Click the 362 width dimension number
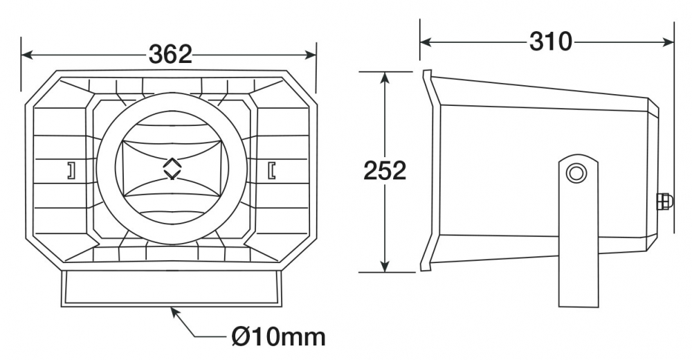coord(170,54)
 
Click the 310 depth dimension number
coord(550,42)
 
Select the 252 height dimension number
coord(384,170)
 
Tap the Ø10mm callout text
coord(278,336)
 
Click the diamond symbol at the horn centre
coord(172,168)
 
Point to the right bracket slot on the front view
coord(271,170)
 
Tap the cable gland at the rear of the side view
coord(665,201)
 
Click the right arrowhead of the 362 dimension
coord(311,55)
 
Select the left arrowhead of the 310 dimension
coord(426,42)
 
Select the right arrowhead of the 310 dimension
coord(668,42)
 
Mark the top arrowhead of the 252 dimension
coord(385,78)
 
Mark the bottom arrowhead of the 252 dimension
coord(385,267)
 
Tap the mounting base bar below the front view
coord(171,288)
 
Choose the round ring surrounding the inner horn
coord(98,168)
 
